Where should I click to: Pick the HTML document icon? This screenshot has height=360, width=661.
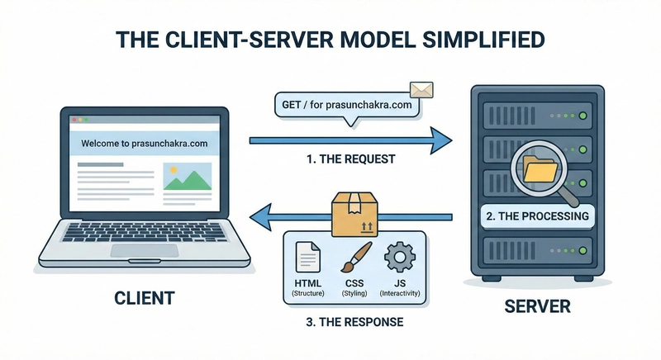tap(307, 258)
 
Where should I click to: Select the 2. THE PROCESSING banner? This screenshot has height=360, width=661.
tap(537, 216)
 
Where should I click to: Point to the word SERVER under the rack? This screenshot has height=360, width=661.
tap(537, 306)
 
